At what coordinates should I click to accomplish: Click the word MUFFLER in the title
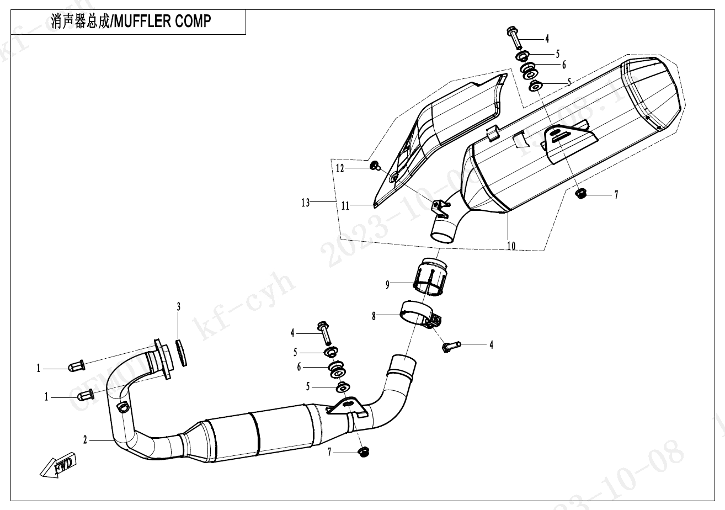(x=141, y=21)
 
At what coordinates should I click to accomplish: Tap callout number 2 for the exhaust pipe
(x=85, y=440)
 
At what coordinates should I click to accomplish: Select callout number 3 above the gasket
(x=178, y=307)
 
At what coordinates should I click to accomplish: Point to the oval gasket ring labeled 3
(x=182, y=352)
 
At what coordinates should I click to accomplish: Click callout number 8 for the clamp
(x=374, y=316)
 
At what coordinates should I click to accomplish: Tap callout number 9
(x=388, y=284)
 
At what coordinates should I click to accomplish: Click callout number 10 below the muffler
(x=511, y=246)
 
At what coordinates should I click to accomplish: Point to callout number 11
(x=345, y=206)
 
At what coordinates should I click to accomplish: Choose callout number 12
(x=340, y=168)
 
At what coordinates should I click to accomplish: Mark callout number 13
(x=306, y=203)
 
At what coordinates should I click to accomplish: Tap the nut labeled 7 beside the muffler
(x=580, y=193)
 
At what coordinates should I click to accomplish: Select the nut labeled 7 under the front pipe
(x=363, y=453)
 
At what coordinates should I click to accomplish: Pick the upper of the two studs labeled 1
(x=76, y=366)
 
